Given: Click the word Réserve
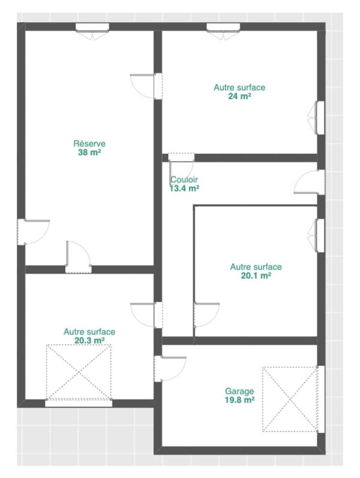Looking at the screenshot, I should click(x=89, y=143).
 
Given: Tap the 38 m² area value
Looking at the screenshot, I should click(x=89, y=152).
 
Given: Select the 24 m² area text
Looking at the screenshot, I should click(x=239, y=96).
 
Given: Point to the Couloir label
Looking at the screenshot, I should click(x=184, y=179).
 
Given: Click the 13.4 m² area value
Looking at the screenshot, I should click(x=184, y=188).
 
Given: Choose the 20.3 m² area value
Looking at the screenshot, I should click(x=89, y=340).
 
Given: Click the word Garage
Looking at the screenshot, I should click(x=239, y=391).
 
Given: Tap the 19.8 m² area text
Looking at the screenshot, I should click(x=239, y=400).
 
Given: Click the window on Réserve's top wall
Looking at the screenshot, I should click(x=92, y=27).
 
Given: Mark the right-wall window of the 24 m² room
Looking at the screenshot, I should click(x=320, y=117).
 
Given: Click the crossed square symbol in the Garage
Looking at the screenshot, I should click(x=290, y=399).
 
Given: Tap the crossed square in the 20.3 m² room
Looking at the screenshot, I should click(x=79, y=372).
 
